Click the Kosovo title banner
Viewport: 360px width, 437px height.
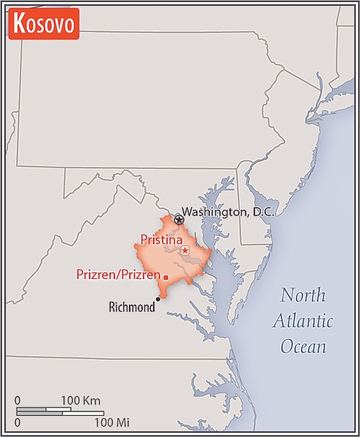[43, 24]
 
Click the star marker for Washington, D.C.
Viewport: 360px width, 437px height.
[179, 219]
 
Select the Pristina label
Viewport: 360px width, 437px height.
[162, 238]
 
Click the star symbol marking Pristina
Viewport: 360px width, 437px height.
[185, 251]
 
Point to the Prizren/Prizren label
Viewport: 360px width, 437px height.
[118, 275]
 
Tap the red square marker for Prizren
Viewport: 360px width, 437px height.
[166, 277]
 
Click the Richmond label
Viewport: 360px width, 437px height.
[131, 307]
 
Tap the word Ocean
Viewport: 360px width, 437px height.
[303, 346]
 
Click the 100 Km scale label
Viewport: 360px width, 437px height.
[79, 401]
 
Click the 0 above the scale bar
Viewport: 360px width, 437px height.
[18, 401]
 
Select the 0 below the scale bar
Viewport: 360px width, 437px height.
[18, 421]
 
